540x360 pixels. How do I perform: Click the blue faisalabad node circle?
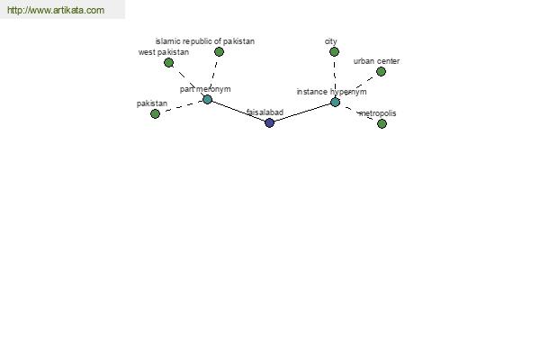(270, 122)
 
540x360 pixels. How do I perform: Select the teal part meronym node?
(207, 100)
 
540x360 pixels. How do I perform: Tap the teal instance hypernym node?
(335, 103)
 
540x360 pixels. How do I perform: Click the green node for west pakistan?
(169, 63)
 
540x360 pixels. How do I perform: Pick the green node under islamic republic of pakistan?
(219, 51)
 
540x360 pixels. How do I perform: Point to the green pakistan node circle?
(156, 113)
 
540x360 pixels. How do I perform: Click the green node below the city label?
(334, 51)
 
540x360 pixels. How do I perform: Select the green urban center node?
(381, 72)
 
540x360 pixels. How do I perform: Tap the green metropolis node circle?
(382, 123)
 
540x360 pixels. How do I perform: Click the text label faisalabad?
(265, 112)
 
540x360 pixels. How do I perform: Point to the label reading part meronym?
(205, 89)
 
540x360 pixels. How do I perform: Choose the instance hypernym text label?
(331, 92)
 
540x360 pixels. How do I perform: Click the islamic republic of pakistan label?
(205, 41)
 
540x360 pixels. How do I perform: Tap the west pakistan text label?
(164, 52)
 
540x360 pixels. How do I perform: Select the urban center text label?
(376, 61)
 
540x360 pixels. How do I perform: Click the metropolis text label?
(377, 113)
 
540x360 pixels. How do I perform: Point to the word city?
(331, 41)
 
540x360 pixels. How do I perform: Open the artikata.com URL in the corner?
(56, 10)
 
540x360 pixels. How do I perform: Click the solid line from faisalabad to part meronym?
(238, 111)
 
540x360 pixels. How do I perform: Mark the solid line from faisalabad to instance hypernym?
(302, 112)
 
